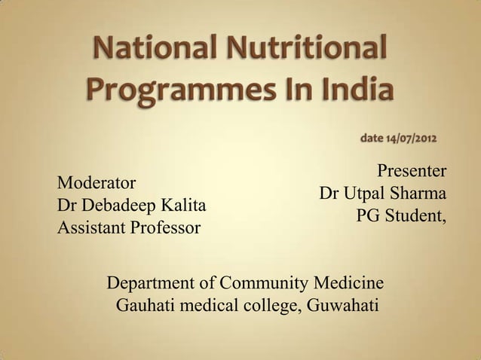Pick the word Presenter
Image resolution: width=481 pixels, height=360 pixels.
pos(412,169)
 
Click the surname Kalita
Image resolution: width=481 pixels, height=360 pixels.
pos(183,205)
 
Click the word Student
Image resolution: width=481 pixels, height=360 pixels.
pos(415,215)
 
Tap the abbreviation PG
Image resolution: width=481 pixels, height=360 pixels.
pos(368,215)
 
